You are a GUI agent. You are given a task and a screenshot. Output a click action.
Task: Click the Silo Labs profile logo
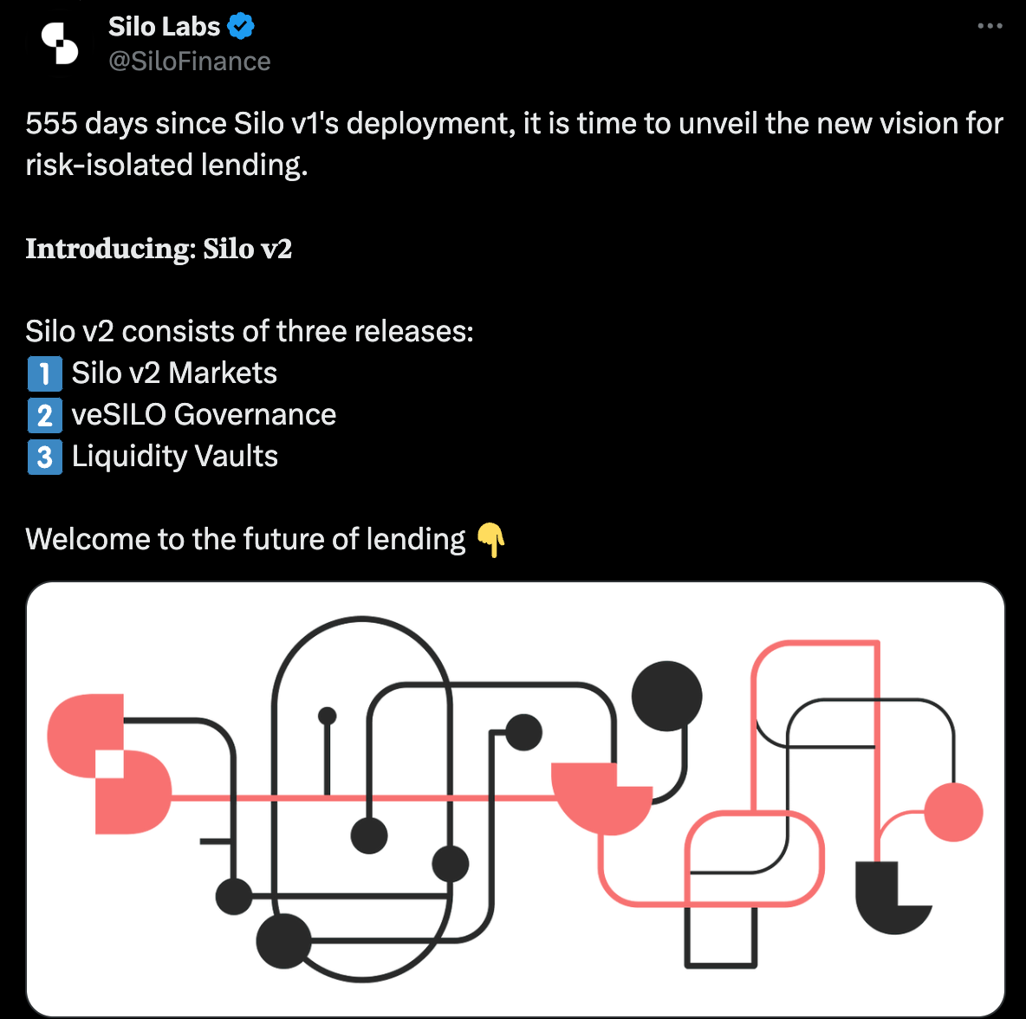coord(60,44)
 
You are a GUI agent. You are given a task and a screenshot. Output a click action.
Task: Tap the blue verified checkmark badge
coord(241,26)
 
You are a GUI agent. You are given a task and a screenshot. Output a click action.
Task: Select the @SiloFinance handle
coord(189,61)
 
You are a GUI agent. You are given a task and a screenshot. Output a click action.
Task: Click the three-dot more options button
coord(990,25)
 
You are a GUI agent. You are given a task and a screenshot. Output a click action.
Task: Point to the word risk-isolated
coord(109,165)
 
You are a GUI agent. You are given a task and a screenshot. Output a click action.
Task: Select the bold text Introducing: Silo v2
coord(159,249)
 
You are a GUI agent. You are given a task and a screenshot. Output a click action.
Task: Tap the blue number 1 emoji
coord(44,373)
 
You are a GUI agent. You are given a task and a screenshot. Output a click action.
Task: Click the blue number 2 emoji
coord(44,415)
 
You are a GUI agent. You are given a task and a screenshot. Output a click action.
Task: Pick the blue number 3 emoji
coord(44,457)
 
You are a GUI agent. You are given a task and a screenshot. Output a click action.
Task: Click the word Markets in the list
coord(223,373)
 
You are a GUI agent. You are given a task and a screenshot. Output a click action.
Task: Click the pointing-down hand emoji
coord(490,540)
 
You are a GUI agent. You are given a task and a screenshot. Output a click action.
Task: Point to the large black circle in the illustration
coord(666,697)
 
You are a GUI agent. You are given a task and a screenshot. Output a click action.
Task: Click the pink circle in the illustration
coord(953,812)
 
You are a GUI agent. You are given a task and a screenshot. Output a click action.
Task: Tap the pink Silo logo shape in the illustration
coord(108,763)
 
